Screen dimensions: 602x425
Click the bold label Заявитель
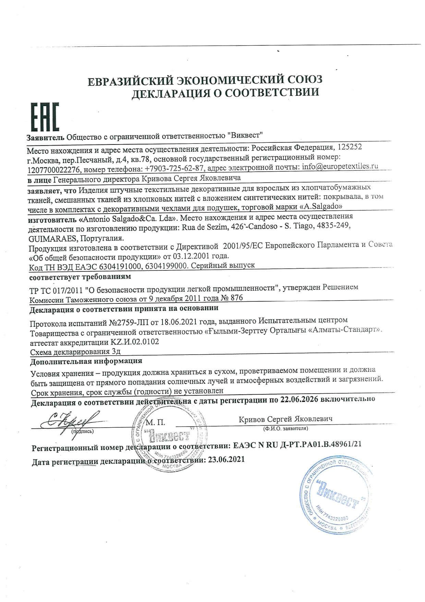46,137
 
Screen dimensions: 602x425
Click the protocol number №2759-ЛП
130,322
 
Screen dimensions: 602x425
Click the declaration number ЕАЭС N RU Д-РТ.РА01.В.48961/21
297,444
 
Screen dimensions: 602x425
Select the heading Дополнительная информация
86,361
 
